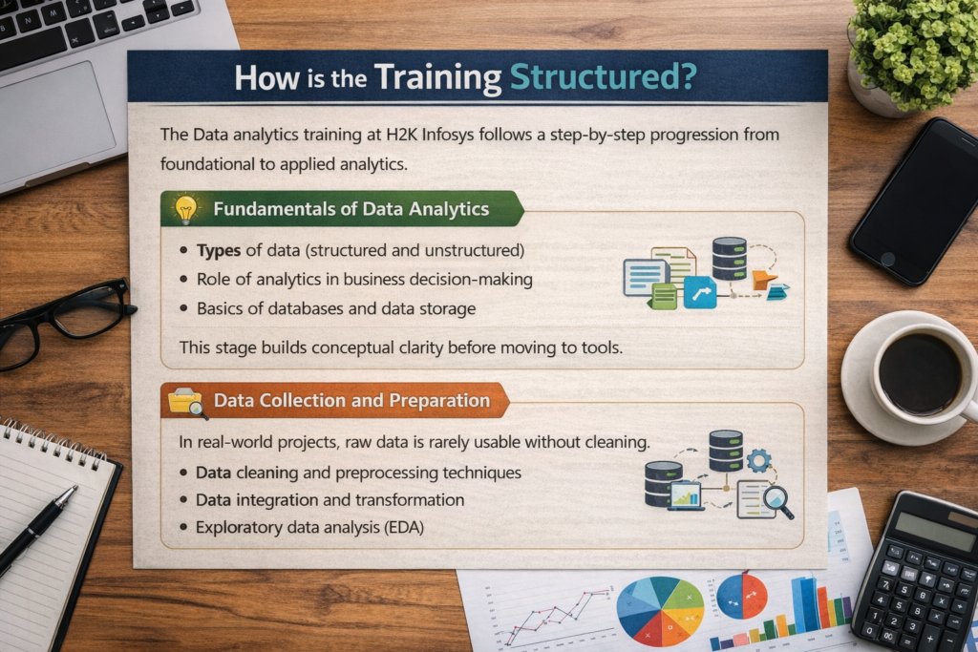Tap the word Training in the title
(439, 76)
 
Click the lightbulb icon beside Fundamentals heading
(185, 209)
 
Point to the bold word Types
(218, 251)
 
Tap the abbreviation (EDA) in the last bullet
(399, 526)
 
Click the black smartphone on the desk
(914, 201)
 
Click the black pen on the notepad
(38, 529)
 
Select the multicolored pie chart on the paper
(660, 611)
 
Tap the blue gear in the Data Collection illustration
(759, 461)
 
